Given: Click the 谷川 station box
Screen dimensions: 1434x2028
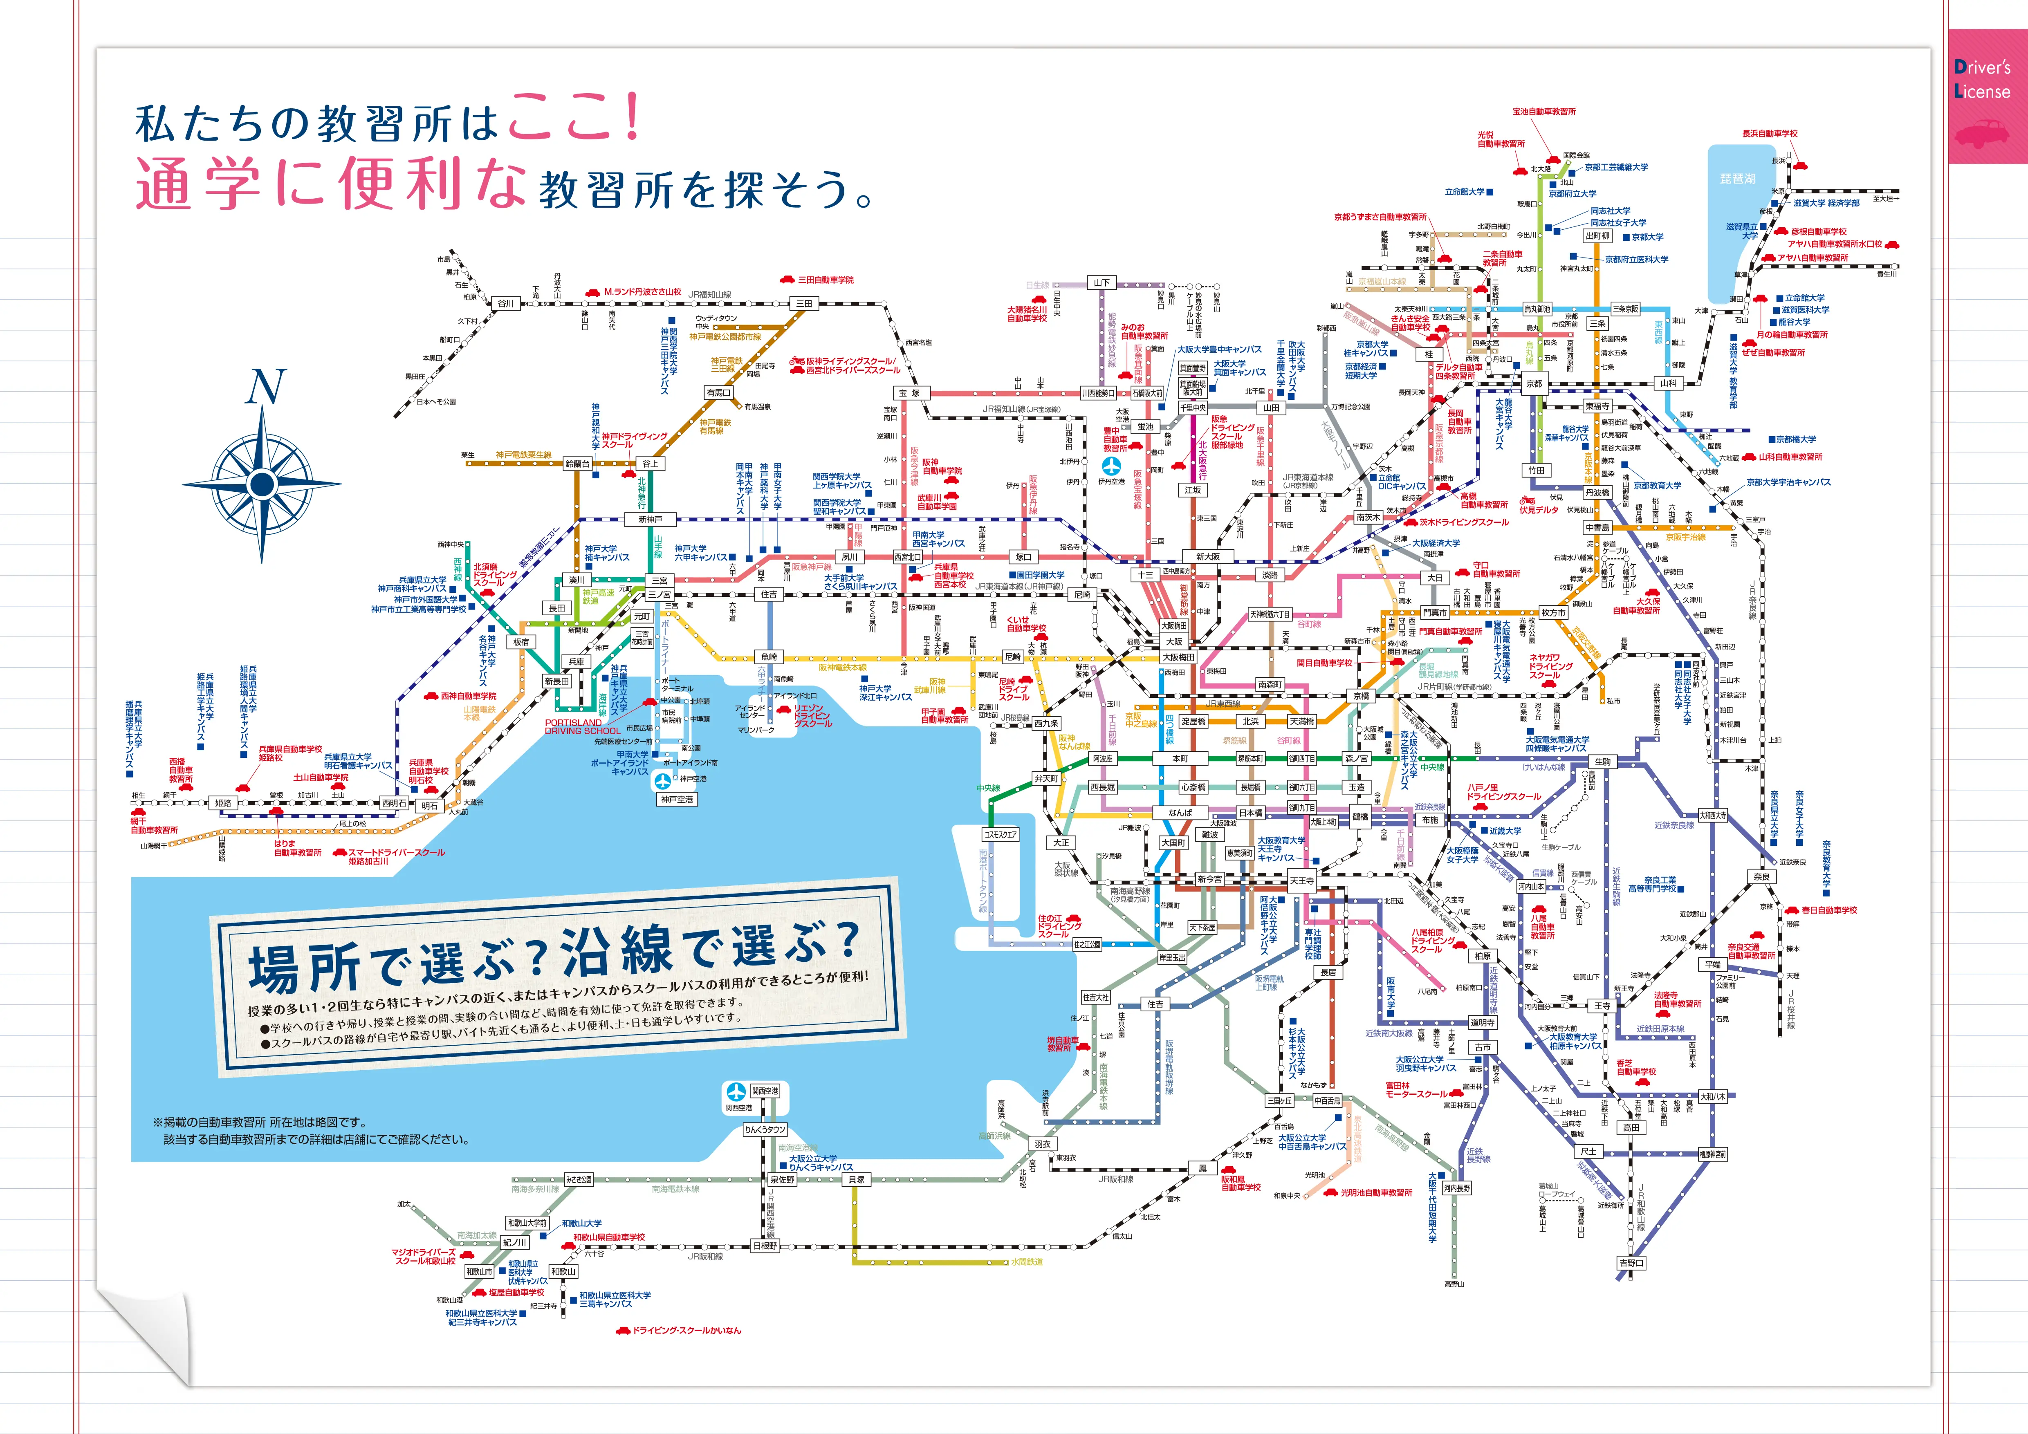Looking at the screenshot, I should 505,303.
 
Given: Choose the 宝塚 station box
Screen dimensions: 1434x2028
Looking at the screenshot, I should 909,393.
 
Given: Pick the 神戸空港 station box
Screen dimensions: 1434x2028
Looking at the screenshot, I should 677,799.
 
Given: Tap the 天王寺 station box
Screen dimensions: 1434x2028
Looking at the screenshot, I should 1301,881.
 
